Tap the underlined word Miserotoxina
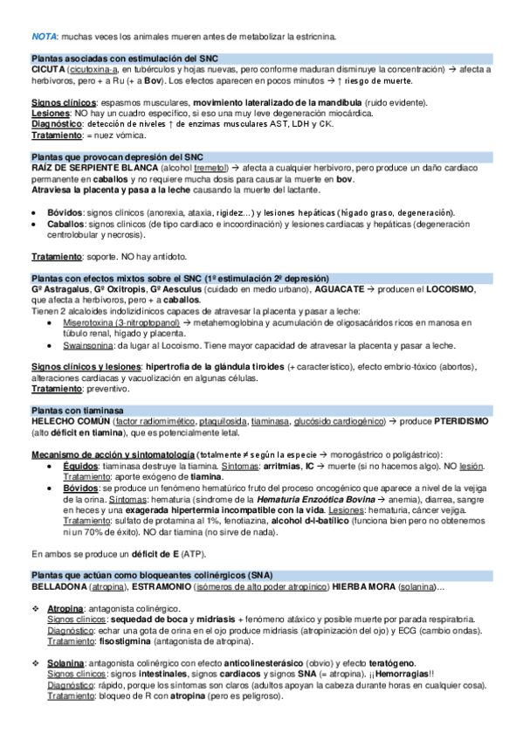(86, 322)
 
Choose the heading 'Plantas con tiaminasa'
(76, 410)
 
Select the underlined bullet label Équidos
(80, 466)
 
